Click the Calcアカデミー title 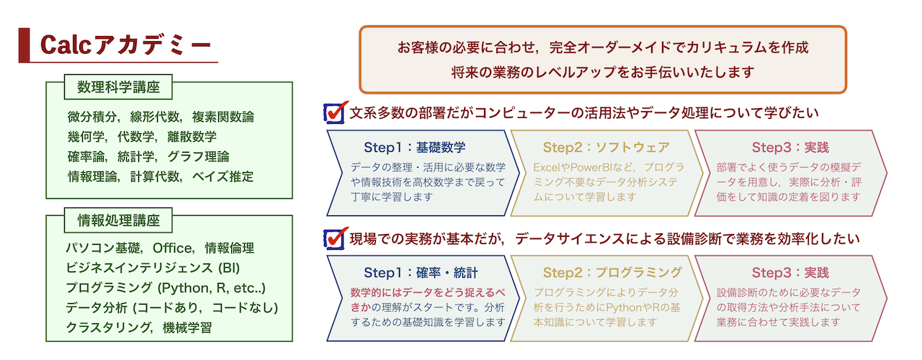coord(125,45)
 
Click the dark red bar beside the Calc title coord(24,45)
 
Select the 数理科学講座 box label coord(118,87)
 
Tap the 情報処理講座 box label coord(118,220)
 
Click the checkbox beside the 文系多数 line coord(334,113)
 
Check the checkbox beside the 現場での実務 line coord(334,238)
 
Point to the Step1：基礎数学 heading coord(414,148)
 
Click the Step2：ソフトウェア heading coord(606,148)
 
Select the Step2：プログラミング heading coord(612,272)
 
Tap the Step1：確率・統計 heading coord(421,272)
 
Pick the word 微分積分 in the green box coord(92,117)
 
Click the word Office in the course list coord(171,248)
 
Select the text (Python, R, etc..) coord(212,288)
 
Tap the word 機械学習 coord(187,328)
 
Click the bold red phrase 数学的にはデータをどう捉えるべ coord(428,292)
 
